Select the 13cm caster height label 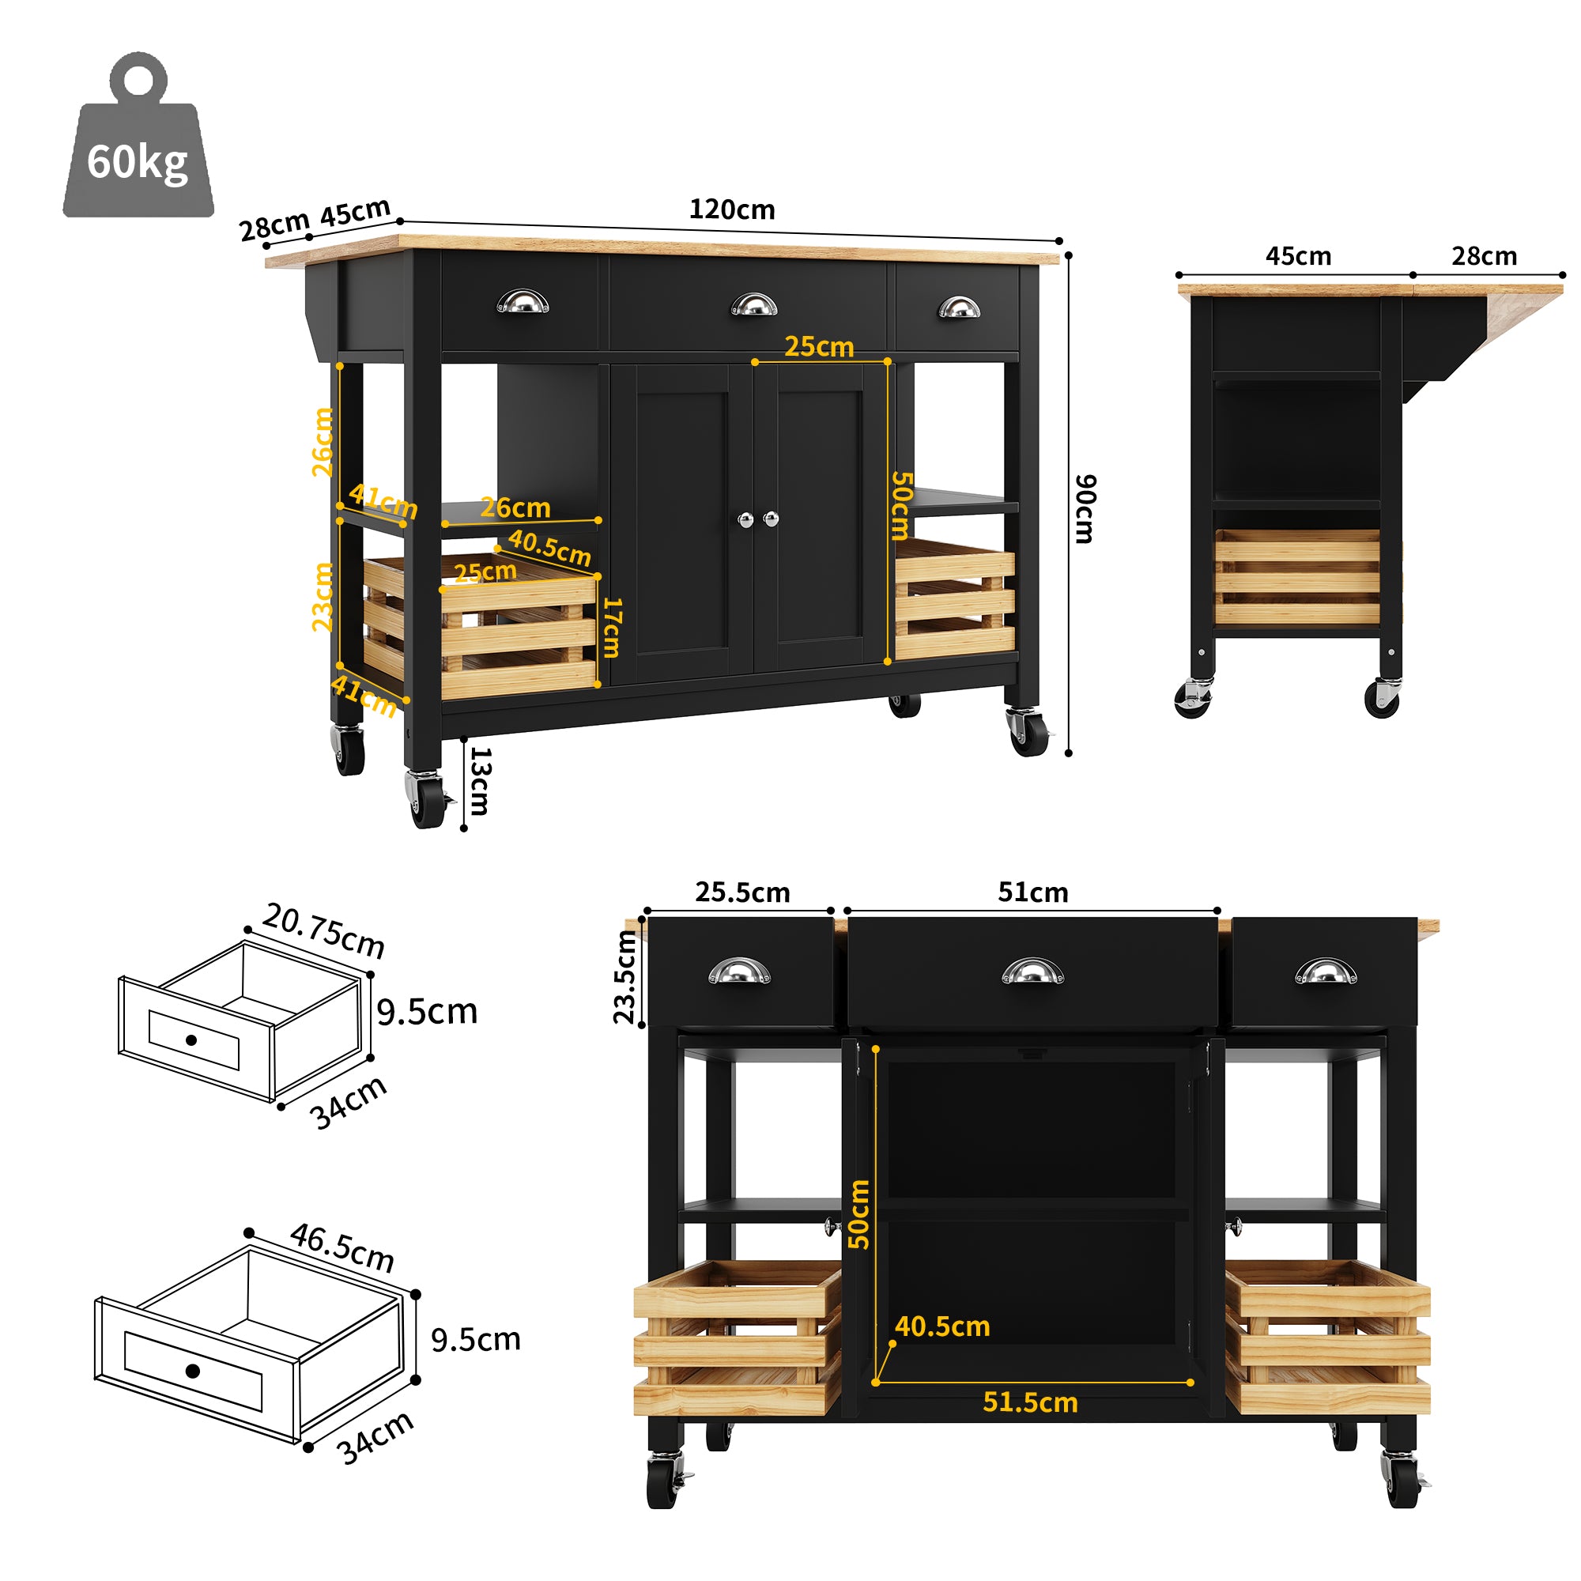(480, 781)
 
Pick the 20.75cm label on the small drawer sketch (324, 930)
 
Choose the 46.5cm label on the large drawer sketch (342, 1247)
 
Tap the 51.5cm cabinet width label (1029, 1402)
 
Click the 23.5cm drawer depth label (625, 978)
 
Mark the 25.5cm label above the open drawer (742, 892)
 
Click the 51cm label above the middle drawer (1032, 892)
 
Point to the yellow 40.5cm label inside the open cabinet (942, 1326)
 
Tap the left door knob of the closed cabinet (745, 519)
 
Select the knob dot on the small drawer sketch (191, 1040)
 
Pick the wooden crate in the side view (1296, 577)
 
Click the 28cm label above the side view (1484, 256)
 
